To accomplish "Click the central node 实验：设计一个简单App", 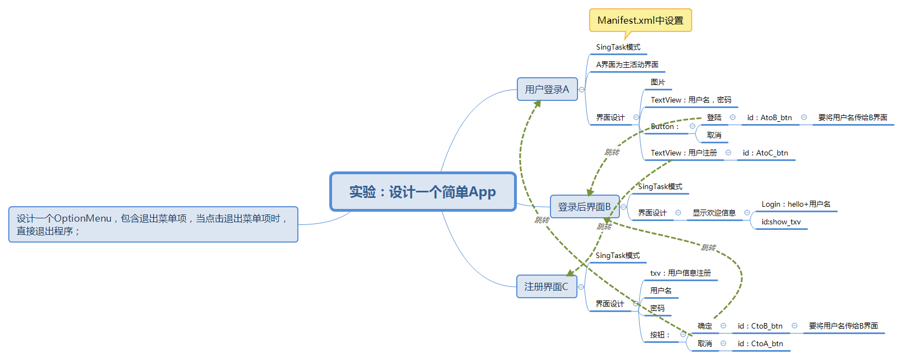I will click(x=422, y=192).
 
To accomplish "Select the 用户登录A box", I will click(x=547, y=89).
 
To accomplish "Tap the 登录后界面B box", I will click(x=584, y=207).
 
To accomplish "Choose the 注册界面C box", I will click(x=546, y=287).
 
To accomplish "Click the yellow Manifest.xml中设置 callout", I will click(x=640, y=20).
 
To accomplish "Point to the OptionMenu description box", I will click(x=153, y=224).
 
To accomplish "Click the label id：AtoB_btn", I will click(x=769, y=117).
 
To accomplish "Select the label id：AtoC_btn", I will click(x=765, y=153).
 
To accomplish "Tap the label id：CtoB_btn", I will click(x=760, y=326).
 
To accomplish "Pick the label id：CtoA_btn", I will click(x=760, y=343).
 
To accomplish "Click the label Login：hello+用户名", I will click(x=795, y=204).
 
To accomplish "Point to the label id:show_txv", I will click(x=780, y=222).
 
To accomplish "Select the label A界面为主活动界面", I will click(x=627, y=65).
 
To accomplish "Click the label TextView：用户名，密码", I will click(x=691, y=100).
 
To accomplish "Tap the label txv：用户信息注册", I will click(x=680, y=273).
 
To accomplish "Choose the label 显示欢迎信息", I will click(x=714, y=213).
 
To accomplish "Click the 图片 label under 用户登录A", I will click(x=657, y=82).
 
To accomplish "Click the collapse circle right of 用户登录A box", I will click(x=581, y=89).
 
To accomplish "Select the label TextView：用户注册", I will click(x=683, y=153).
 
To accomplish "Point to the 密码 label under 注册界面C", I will click(x=657, y=308).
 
